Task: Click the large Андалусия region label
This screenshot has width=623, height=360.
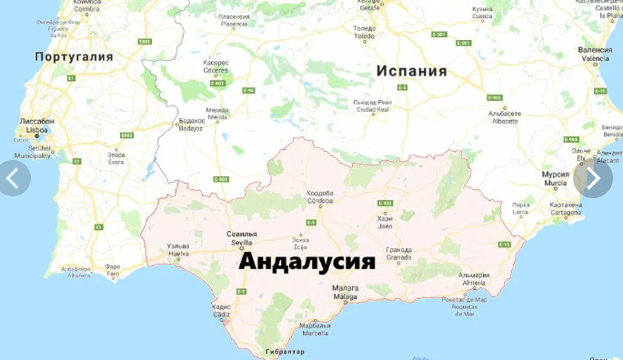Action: pyautogui.click(x=306, y=261)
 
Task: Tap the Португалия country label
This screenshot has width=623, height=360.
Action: pyautogui.click(x=74, y=56)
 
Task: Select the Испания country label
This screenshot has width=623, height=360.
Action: pyautogui.click(x=412, y=71)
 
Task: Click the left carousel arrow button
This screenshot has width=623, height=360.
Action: pyautogui.click(x=14, y=178)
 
